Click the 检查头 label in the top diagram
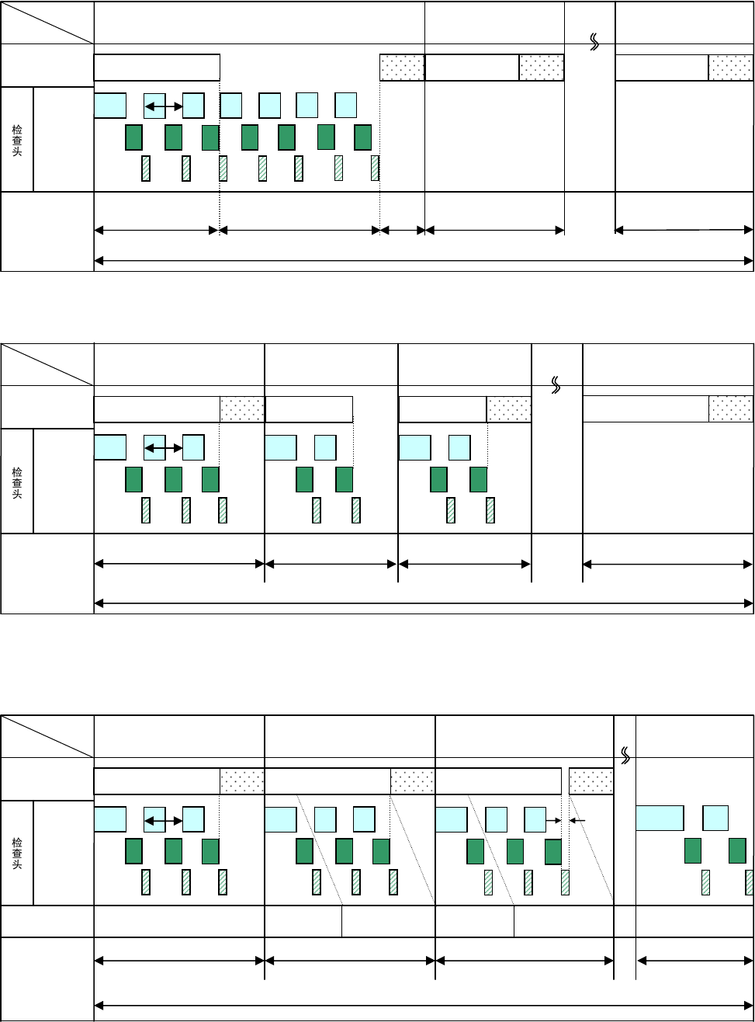pyautogui.click(x=16, y=140)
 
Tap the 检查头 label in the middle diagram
pyautogui.click(x=16, y=481)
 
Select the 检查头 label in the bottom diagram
pyautogui.click(x=16, y=853)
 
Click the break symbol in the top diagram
pyautogui.click(x=595, y=43)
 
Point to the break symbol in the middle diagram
pyautogui.click(x=556, y=384)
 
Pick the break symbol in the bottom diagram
pyautogui.click(x=625, y=754)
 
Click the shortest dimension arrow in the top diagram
pyautogui.click(x=402, y=230)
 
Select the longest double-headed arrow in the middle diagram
pyautogui.click(x=424, y=603)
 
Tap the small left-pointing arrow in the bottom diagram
pyautogui.click(x=577, y=819)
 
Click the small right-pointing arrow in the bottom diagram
pyautogui.click(x=553, y=819)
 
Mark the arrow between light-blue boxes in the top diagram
pyautogui.click(x=164, y=106)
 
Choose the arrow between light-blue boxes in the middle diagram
pyautogui.click(x=164, y=447)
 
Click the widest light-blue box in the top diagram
pyautogui.click(x=110, y=105)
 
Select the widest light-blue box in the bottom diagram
pyautogui.click(x=660, y=819)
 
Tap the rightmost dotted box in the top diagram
pyautogui.click(x=730, y=68)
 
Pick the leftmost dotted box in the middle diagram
pyautogui.click(x=242, y=409)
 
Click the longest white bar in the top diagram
pyautogui.click(x=157, y=68)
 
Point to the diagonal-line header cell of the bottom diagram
pyautogui.click(x=47, y=736)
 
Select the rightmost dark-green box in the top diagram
pyautogui.click(x=363, y=137)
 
